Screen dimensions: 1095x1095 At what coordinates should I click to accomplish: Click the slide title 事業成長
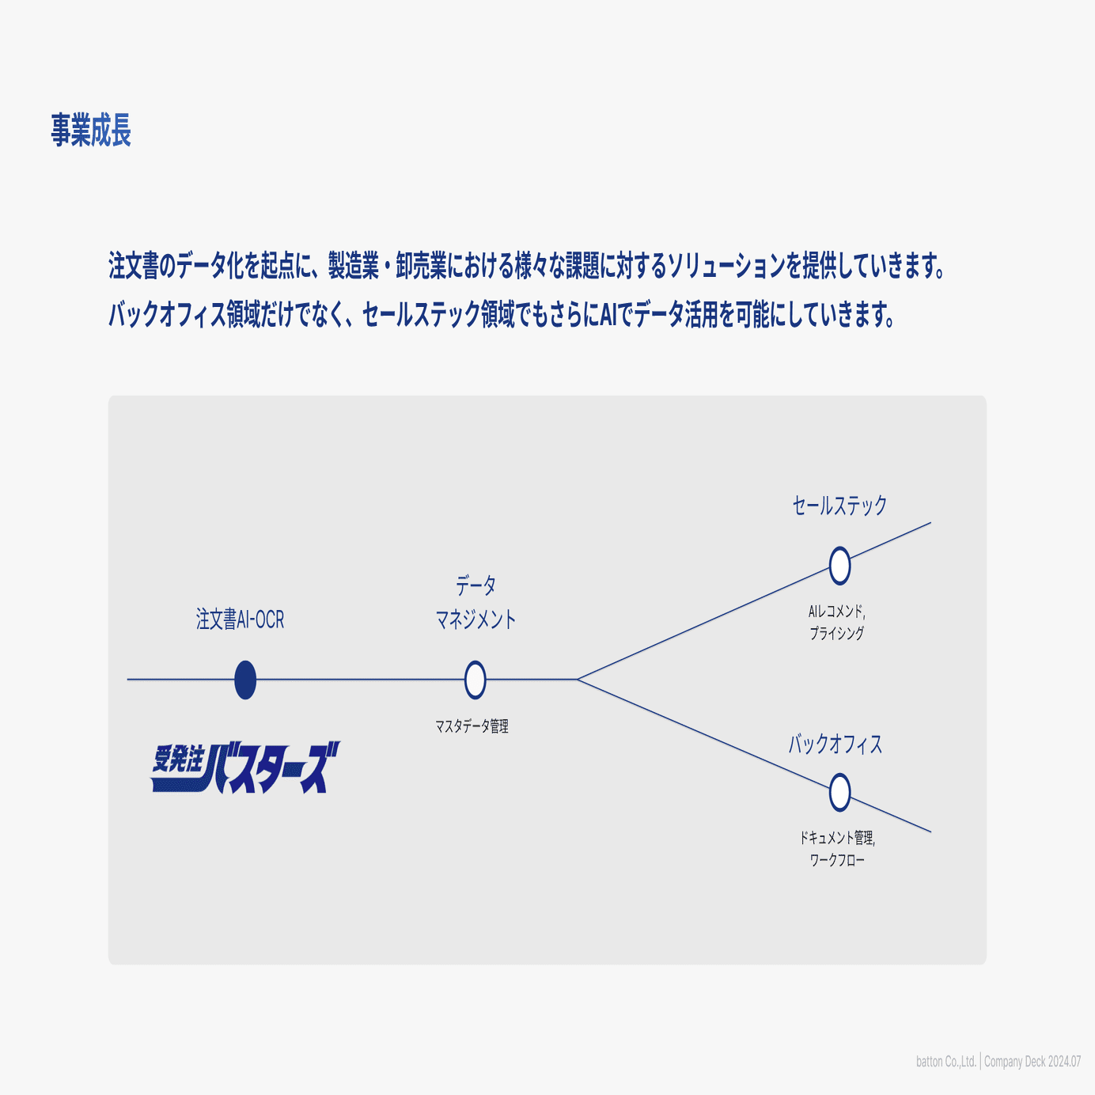click(91, 130)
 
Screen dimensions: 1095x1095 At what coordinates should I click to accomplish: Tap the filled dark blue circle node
click(245, 680)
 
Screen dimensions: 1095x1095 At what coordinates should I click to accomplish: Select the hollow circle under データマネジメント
click(475, 680)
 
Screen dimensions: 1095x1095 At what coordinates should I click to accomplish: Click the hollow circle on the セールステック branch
click(840, 566)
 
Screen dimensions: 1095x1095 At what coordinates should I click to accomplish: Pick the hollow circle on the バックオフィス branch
click(840, 792)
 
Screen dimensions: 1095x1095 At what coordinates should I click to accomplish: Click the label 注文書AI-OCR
click(240, 619)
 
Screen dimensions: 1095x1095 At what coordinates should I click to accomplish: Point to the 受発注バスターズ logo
click(245, 767)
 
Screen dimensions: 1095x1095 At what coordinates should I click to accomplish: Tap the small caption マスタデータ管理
click(472, 726)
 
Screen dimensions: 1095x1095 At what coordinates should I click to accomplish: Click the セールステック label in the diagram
click(839, 505)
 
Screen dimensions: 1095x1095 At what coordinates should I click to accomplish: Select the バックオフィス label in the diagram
click(835, 744)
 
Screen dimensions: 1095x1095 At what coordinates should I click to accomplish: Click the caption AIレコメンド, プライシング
click(837, 622)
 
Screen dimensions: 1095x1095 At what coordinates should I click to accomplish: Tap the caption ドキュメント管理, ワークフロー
click(837, 849)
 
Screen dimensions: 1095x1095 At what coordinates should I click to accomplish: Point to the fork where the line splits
click(578, 679)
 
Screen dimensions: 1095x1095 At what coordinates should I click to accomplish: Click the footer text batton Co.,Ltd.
click(946, 1062)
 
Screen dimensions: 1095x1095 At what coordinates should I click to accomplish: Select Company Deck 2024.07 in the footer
click(1032, 1062)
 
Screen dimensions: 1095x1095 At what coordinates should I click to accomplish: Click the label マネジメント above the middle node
click(476, 619)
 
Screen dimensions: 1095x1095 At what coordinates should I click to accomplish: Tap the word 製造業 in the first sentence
click(354, 267)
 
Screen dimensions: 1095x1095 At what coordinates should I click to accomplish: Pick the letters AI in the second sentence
click(608, 316)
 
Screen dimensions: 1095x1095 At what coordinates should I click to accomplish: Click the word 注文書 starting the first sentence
click(134, 267)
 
